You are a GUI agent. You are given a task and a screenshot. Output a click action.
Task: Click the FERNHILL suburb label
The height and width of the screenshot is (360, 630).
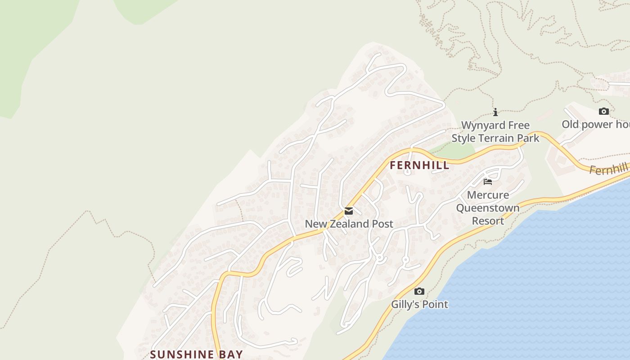pos(419,165)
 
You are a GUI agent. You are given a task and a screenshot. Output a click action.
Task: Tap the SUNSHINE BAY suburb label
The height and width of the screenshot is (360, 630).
pos(196,354)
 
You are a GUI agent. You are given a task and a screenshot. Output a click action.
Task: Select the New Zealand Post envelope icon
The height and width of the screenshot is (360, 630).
pos(349,211)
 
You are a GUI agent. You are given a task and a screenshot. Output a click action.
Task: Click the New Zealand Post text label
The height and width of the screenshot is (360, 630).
pos(349,224)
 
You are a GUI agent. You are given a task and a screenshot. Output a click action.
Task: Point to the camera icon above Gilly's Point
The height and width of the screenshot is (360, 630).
pos(419,291)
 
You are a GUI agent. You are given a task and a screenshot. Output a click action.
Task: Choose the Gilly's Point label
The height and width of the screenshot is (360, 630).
pos(419,304)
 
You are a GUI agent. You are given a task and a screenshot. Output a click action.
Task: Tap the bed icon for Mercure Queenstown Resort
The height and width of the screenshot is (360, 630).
pos(488,182)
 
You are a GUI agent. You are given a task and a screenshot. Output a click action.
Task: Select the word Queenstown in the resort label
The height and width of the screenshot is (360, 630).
pos(488,208)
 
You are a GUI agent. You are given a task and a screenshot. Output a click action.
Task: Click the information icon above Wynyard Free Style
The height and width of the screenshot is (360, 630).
pos(495,112)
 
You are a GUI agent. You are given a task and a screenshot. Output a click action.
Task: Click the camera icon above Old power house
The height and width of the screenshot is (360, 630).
pos(603,111)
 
